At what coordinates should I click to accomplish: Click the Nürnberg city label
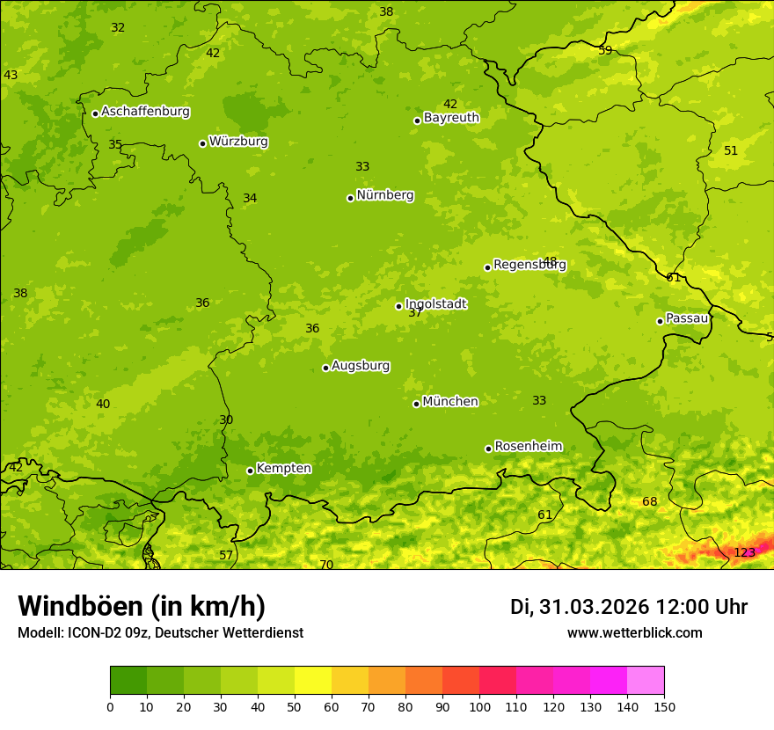384,195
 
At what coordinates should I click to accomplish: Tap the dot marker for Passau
660,321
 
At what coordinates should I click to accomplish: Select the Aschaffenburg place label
145,112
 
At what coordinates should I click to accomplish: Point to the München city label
450,402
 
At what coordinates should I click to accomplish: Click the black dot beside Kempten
250,471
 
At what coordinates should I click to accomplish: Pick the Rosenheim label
528,447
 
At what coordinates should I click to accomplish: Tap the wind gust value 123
744,553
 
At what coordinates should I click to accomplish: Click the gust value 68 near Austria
649,502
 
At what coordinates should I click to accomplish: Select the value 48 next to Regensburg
550,261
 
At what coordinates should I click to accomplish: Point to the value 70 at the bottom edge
326,565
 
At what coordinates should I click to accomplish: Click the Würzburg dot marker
202,143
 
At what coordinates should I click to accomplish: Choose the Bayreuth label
451,118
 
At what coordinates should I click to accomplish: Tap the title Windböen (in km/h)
142,606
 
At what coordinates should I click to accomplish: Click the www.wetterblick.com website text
634,633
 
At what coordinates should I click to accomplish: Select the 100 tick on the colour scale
479,706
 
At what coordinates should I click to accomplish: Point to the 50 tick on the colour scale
295,706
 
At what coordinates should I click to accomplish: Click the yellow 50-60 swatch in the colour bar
313,681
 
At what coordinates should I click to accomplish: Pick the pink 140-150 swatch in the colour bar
646,681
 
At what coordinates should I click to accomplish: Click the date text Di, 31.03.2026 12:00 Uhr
628,607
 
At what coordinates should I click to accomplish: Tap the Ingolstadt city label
435,304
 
